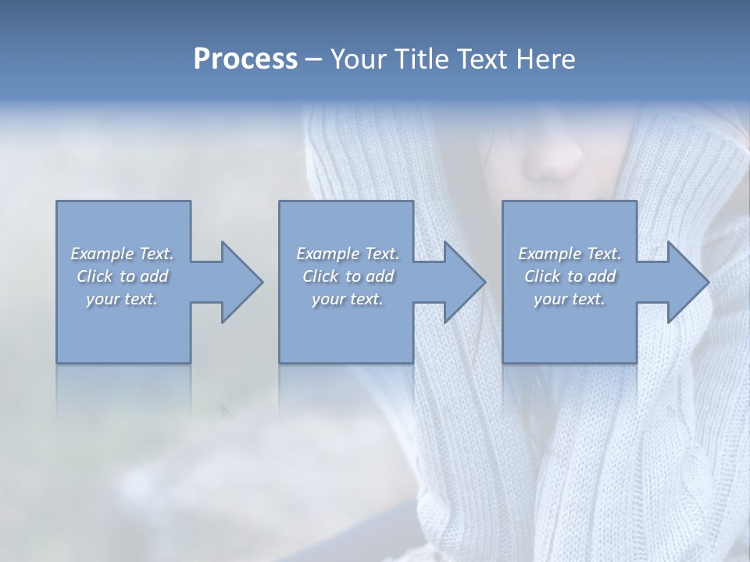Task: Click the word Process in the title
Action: point(245,59)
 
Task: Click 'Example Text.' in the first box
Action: point(122,254)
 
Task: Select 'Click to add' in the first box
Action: point(122,276)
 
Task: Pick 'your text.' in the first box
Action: point(122,299)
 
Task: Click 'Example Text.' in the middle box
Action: point(348,254)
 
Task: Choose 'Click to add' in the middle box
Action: point(348,276)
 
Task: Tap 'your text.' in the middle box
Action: point(348,299)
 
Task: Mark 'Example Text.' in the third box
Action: point(570,254)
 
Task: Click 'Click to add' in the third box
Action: point(570,276)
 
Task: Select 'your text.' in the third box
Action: point(570,299)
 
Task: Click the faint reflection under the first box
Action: point(123,390)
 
